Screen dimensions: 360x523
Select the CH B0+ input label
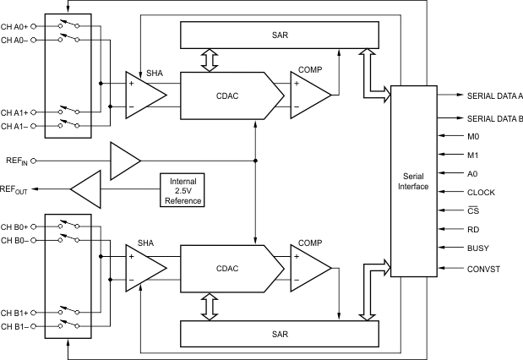click(x=17, y=226)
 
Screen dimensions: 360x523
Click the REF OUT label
click(x=14, y=189)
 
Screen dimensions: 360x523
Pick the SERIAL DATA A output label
click(x=495, y=96)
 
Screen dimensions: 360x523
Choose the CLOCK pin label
click(x=481, y=192)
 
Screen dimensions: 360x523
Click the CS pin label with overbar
click(x=473, y=210)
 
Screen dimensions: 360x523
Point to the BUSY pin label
click(x=478, y=248)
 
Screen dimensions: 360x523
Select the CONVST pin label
click(x=483, y=269)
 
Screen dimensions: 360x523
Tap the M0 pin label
click(x=472, y=135)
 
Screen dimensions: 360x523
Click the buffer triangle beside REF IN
click(x=124, y=160)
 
